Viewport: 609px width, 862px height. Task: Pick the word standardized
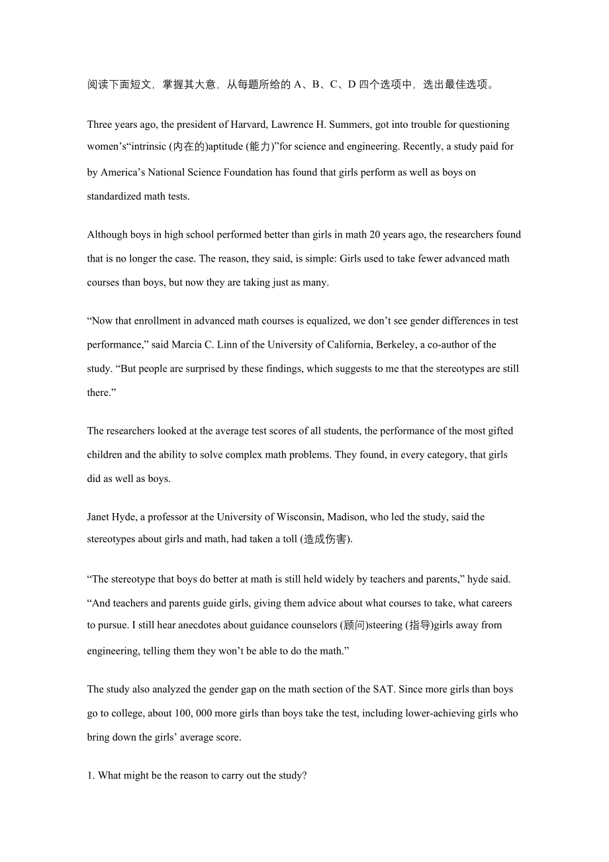pos(115,196)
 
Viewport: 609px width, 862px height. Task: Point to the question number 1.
pos(91,775)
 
